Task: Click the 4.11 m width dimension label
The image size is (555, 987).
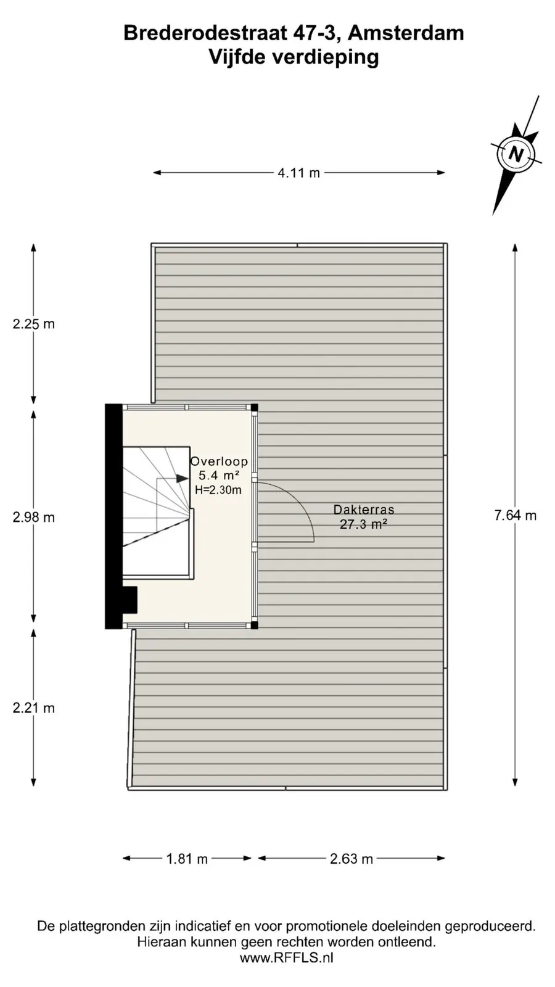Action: pyautogui.click(x=298, y=173)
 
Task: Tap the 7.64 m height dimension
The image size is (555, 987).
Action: pyautogui.click(x=516, y=515)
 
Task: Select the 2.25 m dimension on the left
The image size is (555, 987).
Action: pyautogui.click(x=33, y=324)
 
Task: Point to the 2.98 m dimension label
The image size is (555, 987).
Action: pyautogui.click(x=33, y=517)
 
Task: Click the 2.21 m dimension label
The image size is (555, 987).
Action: pyautogui.click(x=33, y=708)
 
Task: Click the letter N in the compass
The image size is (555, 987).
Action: pyautogui.click(x=516, y=154)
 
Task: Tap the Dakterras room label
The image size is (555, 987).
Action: pyautogui.click(x=364, y=510)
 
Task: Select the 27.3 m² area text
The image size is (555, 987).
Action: pyautogui.click(x=363, y=524)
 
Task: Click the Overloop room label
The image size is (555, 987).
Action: pyautogui.click(x=219, y=461)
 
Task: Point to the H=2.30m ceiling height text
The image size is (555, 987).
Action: pyautogui.click(x=218, y=490)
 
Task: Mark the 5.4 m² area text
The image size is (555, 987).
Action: pyautogui.click(x=219, y=476)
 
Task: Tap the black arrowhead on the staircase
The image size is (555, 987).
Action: pyautogui.click(x=183, y=479)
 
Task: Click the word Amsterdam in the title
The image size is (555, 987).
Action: pyautogui.click(x=406, y=33)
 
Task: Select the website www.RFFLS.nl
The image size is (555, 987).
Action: pyautogui.click(x=286, y=957)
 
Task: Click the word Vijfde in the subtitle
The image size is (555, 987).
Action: pyautogui.click(x=236, y=57)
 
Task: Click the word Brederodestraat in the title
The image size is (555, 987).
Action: pyautogui.click(x=205, y=33)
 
